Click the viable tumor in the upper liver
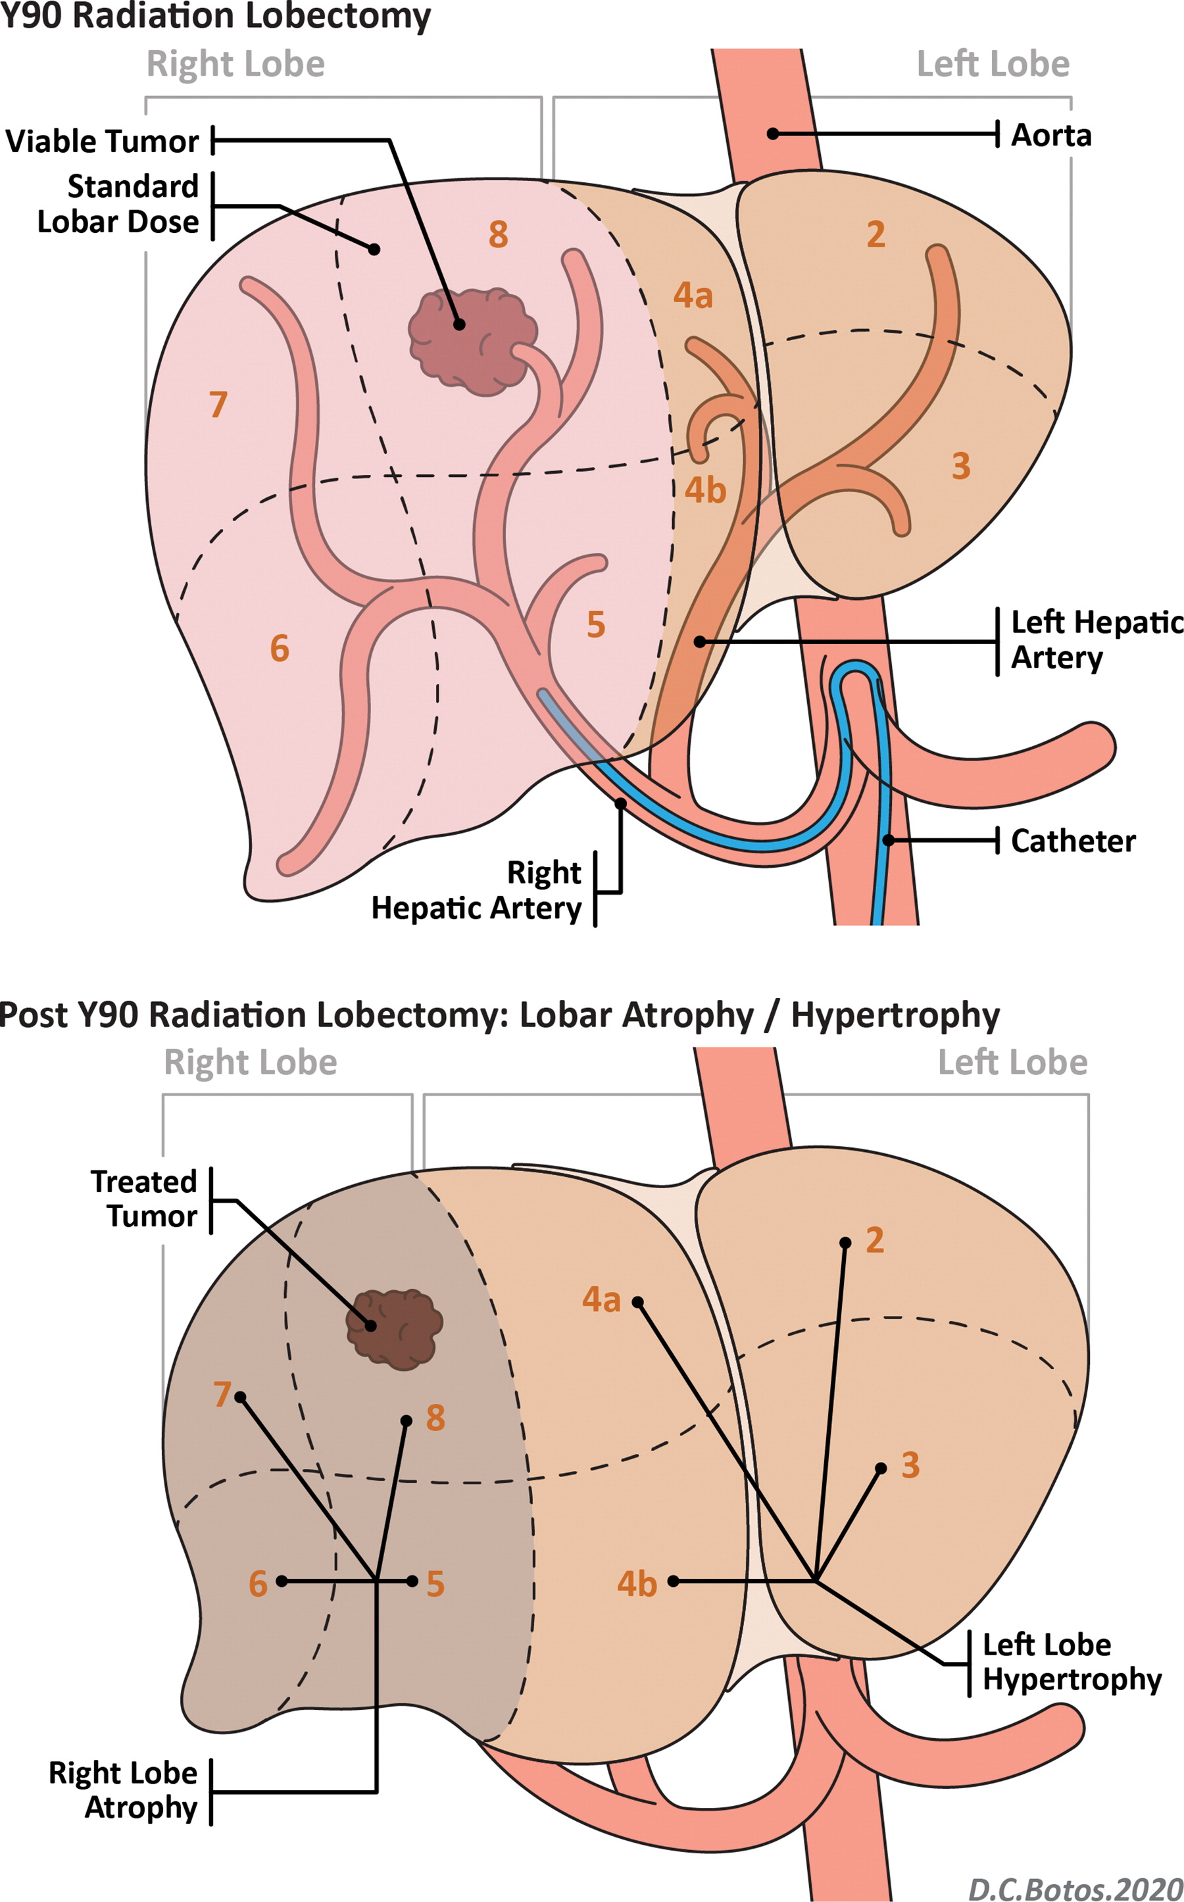[472, 341]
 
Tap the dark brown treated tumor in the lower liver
[394, 1329]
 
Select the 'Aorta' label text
[1051, 136]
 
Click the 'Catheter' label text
[1073, 841]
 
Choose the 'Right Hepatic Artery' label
[477, 890]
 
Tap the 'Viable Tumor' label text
[103, 141]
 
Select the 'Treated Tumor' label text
[144, 1199]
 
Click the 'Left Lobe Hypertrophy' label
[1072, 1662]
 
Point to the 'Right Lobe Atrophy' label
[123, 1790]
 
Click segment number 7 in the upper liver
[218, 405]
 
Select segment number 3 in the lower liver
[910, 1465]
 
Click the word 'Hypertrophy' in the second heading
[895, 1015]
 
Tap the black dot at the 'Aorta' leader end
[773, 134]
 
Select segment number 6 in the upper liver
[280, 648]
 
